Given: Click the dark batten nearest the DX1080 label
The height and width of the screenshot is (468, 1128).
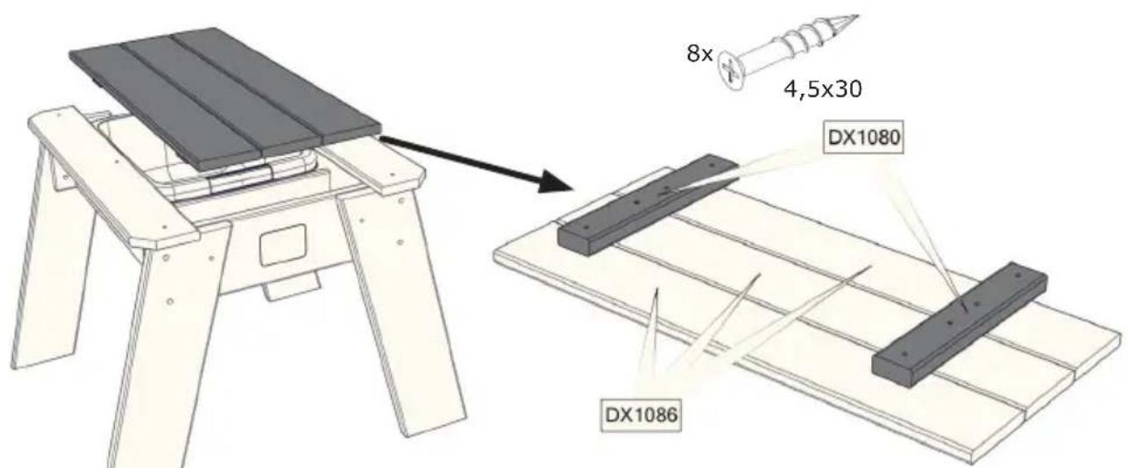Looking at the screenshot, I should tap(649, 203).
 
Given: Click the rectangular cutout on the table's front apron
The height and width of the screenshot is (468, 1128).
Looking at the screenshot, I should tap(283, 243).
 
